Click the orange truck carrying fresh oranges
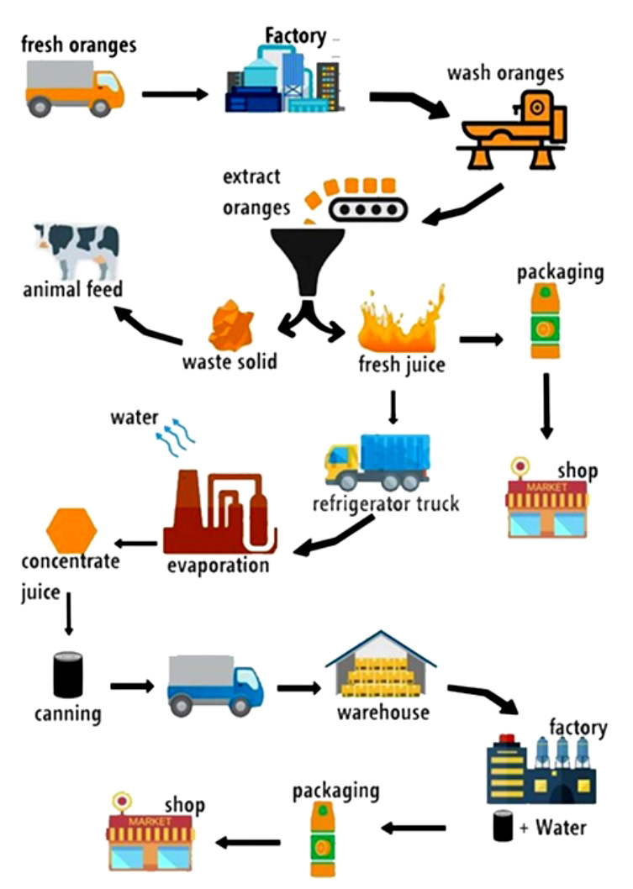pyautogui.click(x=75, y=88)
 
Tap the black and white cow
pyautogui.click(x=77, y=248)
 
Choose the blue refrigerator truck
pyautogui.click(x=377, y=461)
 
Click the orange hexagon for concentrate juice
pyautogui.click(x=71, y=530)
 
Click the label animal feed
pyautogui.click(x=73, y=290)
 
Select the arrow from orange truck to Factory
pyautogui.click(x=174, y=93)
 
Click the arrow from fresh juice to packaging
pyautogui.click(x=481, y=339)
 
